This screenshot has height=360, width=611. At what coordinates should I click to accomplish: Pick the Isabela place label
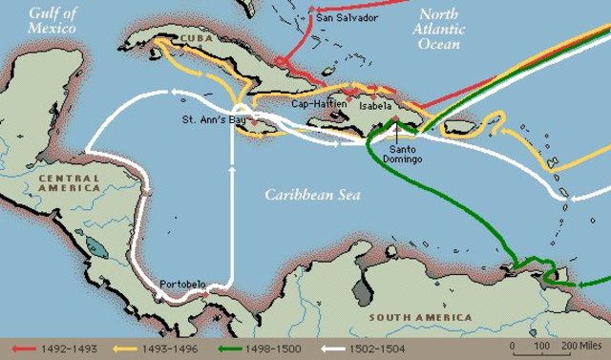375,107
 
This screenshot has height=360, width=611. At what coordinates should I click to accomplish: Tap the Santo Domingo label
407,153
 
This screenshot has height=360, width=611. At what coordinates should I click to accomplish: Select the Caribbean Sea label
309,194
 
